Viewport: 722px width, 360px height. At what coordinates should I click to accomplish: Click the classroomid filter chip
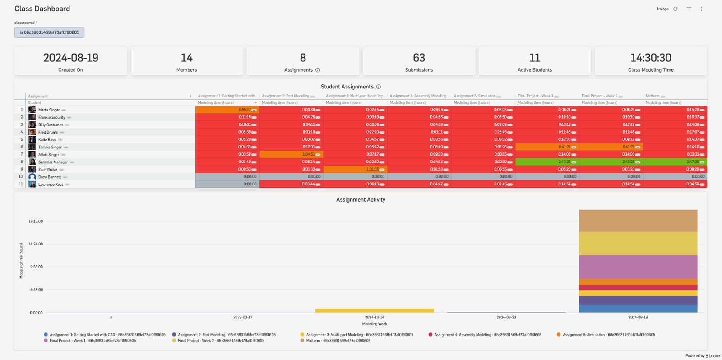pos(49,32)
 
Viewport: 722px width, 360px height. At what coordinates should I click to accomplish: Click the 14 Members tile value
pos(186,58)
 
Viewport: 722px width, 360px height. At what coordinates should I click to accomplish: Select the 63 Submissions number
pos(419,58)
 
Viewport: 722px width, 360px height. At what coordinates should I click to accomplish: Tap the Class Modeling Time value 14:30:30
pos(651,58)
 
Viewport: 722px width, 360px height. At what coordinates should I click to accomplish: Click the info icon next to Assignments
pos(318,70)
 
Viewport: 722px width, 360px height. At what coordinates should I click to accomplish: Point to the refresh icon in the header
pos(676,9)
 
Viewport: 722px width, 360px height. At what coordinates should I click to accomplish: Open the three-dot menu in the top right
pos(701,9)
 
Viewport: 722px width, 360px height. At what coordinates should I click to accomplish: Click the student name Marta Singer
pos(49,110)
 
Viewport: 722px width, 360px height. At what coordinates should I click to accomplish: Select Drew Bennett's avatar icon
pos(32,177)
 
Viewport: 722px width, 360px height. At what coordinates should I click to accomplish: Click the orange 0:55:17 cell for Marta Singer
pos(227,110)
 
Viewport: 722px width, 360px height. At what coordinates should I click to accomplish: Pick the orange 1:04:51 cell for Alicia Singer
pos(291,154)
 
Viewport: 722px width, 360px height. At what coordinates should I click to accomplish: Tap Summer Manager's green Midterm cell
pos(675,162)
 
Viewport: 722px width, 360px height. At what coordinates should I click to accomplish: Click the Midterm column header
pos(652,96)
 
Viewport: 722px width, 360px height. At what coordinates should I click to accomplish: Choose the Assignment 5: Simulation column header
pos(474,96)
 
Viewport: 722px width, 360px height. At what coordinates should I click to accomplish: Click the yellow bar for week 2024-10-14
pos(374,310)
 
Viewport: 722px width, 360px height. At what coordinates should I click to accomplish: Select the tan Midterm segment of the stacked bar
pos(638,221)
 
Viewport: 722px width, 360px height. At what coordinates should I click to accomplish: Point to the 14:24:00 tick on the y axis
pos(36,244)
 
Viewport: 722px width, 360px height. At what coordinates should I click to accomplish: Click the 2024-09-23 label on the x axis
pos(506,318)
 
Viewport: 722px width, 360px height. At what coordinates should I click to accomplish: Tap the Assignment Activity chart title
pos(361,200)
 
